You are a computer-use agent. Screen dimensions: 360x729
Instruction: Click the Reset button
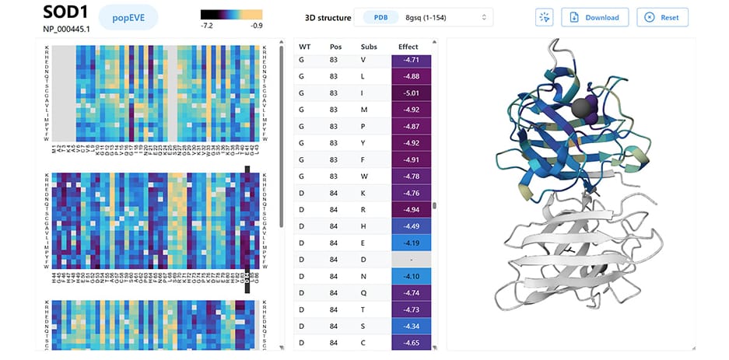[662, 17]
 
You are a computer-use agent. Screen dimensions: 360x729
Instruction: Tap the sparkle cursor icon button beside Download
[544, 17]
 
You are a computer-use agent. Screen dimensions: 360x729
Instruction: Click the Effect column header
[408, 47]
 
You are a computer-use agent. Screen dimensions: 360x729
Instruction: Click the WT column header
[305, 47]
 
